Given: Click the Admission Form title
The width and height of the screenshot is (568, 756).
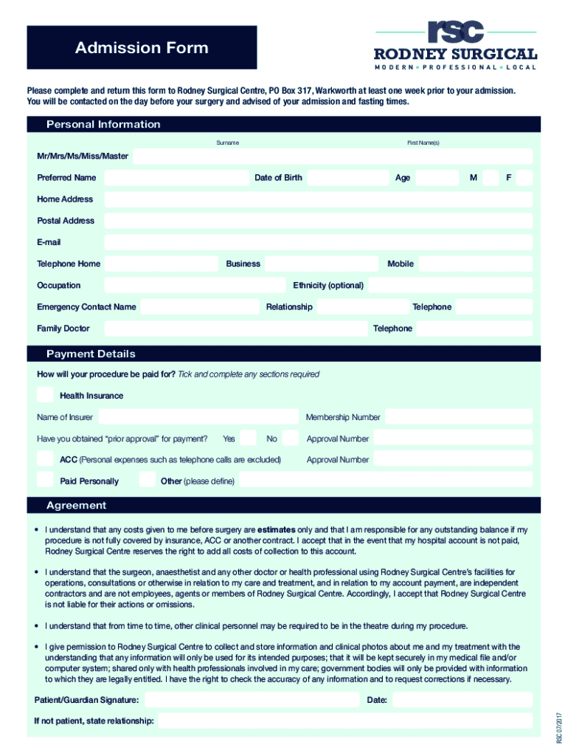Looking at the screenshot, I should pyautogui.click(x=142, y=48).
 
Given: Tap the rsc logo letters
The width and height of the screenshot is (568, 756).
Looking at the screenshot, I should pyautogui.click(x=456, y=32).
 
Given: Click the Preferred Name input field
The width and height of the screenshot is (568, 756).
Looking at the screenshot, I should pyautogui.click(x=174, y=178).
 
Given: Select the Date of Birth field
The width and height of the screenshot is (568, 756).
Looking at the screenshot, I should pyautogui.click(x=347, y=178).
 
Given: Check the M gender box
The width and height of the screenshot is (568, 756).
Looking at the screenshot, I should pyautogui.click(x=491, y=178).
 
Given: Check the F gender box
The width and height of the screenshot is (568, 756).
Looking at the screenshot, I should pyautogui.click(x=524, y=178).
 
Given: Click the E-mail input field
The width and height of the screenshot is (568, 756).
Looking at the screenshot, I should pyautogui.click(x=318, y=242).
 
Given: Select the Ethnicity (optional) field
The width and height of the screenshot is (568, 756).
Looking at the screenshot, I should pyautogui.click(x=450, y=285).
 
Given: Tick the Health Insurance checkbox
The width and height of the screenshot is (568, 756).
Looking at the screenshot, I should pyautogui.click(x=46, y=395).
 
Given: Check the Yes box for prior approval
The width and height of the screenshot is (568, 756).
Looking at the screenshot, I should pyautogui.click(x=249, y=439).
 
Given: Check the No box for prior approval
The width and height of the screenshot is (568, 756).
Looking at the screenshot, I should pyautogui.click(x=291, y=439).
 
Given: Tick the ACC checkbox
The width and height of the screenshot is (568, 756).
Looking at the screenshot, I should pyautogui.click(x=46, y=459).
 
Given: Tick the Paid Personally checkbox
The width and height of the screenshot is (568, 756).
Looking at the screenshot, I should pyautogui.click(x=46, y=481).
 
